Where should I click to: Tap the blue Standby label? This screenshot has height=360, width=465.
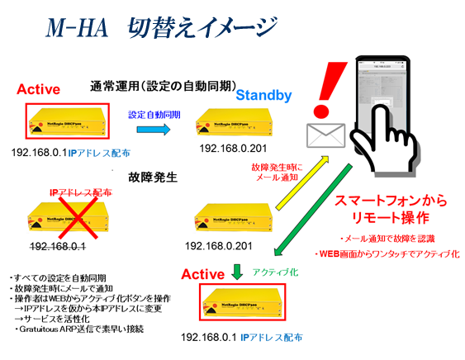263,96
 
